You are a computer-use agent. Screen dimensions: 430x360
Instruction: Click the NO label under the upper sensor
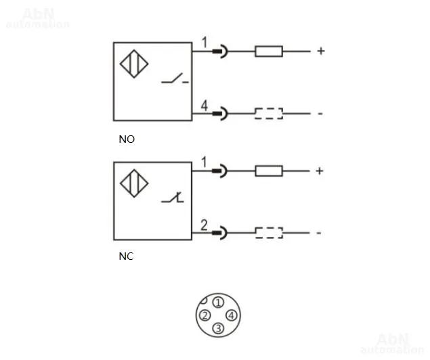coord(127,139)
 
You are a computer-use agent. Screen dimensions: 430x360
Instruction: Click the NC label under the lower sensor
coord(126,256)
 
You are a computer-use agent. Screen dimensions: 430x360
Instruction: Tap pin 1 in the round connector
coord(218,302)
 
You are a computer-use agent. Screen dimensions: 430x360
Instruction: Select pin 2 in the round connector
coord(205,315)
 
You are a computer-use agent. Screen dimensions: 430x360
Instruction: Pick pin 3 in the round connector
coord(219,328)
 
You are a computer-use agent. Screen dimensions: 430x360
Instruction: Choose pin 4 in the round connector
coord(232,315)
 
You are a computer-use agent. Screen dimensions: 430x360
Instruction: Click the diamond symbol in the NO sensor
coord(134,64)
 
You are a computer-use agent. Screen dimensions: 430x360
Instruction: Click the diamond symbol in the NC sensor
coord(134,183)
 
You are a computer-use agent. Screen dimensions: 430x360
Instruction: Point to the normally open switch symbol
coord(175,78)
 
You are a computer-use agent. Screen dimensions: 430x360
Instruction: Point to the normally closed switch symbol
coord(173,198)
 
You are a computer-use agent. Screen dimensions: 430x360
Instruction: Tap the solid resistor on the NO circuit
coord(269,51)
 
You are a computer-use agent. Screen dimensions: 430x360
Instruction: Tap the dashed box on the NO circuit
coord(269,114)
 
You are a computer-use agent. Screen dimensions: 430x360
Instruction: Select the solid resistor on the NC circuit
coord(269,171)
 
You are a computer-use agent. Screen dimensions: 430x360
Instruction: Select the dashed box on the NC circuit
coord(269,233)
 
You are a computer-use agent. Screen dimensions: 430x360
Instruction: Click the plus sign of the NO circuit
coord(321,51)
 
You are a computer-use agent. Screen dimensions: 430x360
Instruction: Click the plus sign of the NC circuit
coord(320,171)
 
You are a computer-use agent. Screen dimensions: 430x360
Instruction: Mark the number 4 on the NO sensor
coord(205,106)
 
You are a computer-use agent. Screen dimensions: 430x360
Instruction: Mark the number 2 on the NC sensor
coord(204,225)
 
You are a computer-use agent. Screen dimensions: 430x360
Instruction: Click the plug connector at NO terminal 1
coord(220,51)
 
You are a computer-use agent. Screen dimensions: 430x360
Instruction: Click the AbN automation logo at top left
coord(38,18)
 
